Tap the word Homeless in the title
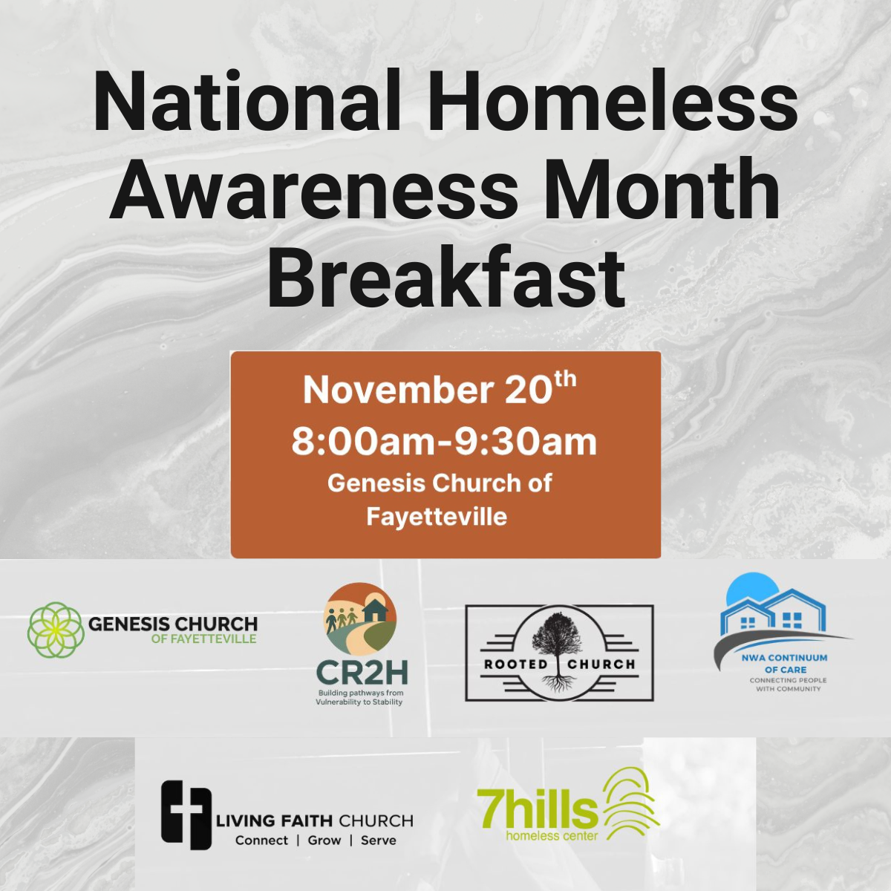(x=613, y=102)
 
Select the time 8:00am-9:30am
(x=444, y=441)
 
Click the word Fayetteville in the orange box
(x=437, y=516)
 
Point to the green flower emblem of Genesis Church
(x=55, y=630)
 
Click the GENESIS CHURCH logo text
(x=173, y=624)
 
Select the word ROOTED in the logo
(x=515, y=664)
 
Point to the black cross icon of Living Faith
(x=182, y=813)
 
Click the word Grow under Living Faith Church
(x=324, y=841)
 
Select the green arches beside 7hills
(x=631, y=802)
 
